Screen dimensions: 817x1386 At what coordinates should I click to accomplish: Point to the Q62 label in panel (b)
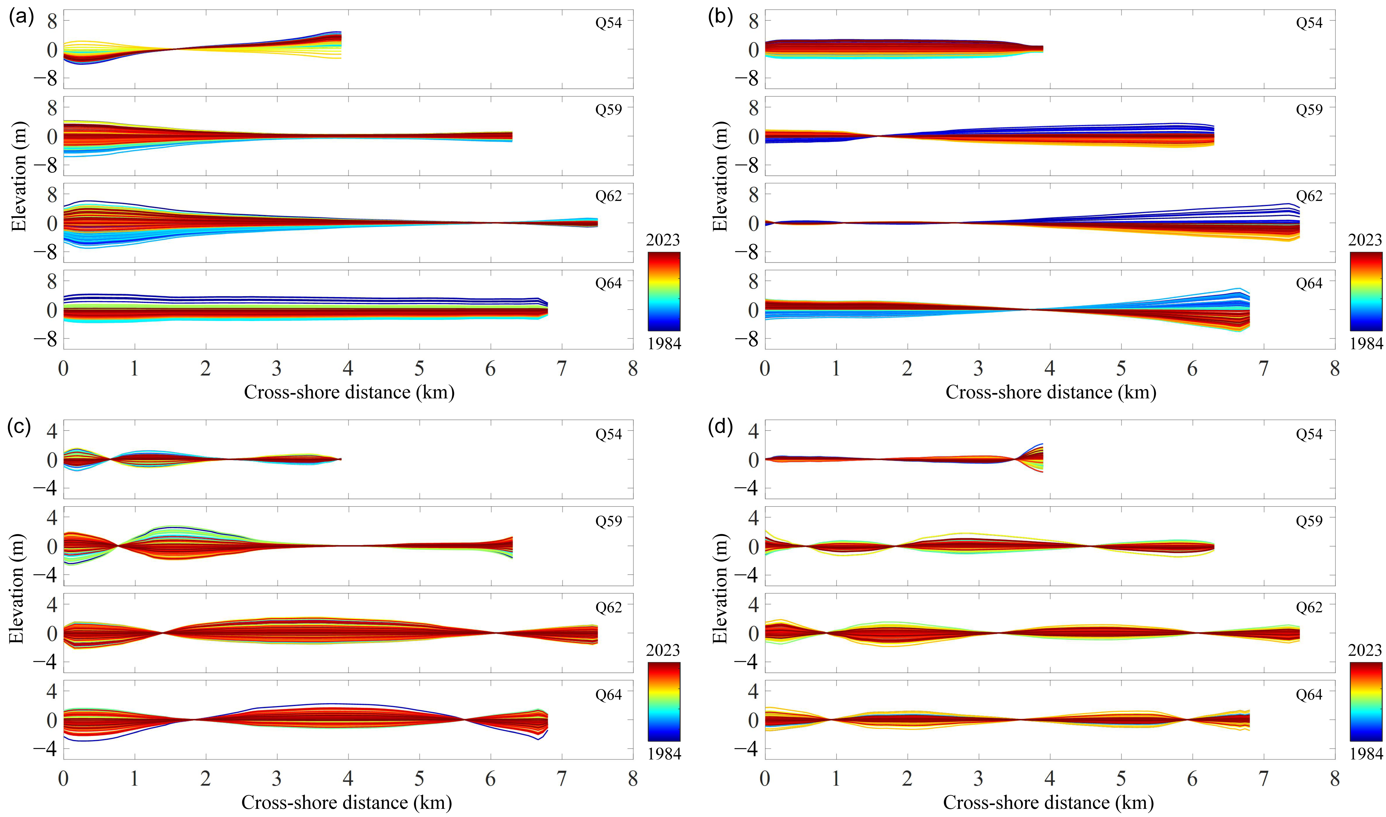click(1309, 196)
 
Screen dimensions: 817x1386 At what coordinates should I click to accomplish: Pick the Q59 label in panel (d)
click(1309, 521)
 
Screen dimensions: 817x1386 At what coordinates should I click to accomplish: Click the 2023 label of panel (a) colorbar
click(663, 240)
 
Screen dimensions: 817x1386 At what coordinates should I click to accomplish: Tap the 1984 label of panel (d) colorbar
click(1366, 753)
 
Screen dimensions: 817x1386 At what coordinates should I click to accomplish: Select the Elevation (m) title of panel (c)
click(16, 589)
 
